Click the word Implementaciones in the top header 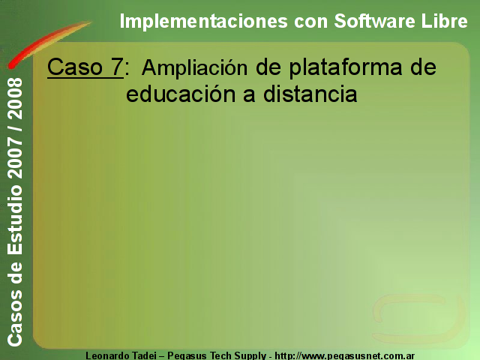click(x=203, y=22)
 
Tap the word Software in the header click(x=375, y=21)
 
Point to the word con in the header click(x=310, y=22)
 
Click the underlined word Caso click(x=75, y=67)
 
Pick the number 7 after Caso click(x=117, y=67)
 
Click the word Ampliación click(x=194, y=69)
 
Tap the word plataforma click(x=346, y=68)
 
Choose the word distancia click(x=310, y=93)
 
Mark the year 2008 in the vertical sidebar click(x=15, y=99)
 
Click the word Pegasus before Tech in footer click(x=187, y=356)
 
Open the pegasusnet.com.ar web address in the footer click(x=345, y=356)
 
